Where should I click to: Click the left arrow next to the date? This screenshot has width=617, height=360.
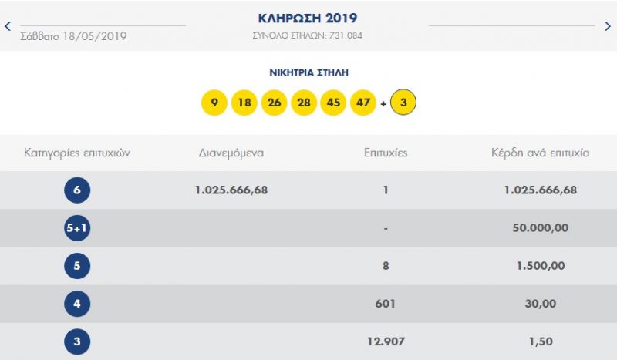click(8, 25)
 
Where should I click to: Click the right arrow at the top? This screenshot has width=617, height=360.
click(608, 25)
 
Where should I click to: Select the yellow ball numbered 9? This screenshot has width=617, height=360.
click(214, 103)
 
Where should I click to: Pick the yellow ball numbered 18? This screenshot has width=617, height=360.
click(244, 103)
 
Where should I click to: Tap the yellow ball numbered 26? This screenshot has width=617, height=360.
click(274, 103)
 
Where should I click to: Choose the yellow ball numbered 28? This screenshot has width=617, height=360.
click(304, 103)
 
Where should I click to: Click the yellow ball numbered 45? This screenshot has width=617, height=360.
click(333, 103)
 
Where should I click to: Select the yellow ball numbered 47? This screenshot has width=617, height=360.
click(363, 103)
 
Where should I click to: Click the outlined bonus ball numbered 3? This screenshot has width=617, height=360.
click(403, 103)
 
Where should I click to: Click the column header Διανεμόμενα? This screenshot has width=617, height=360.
click(231, 153)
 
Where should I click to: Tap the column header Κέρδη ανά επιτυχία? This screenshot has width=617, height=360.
click(540, 153)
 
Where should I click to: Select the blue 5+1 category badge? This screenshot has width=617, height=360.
click(77, 228)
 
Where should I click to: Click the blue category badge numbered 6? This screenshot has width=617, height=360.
click(77, 190)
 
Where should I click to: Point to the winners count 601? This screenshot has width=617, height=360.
click(386, 304)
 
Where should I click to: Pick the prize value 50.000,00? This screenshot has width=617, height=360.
click(540, 228)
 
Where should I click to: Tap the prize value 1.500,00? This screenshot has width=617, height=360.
click(540, 266)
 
